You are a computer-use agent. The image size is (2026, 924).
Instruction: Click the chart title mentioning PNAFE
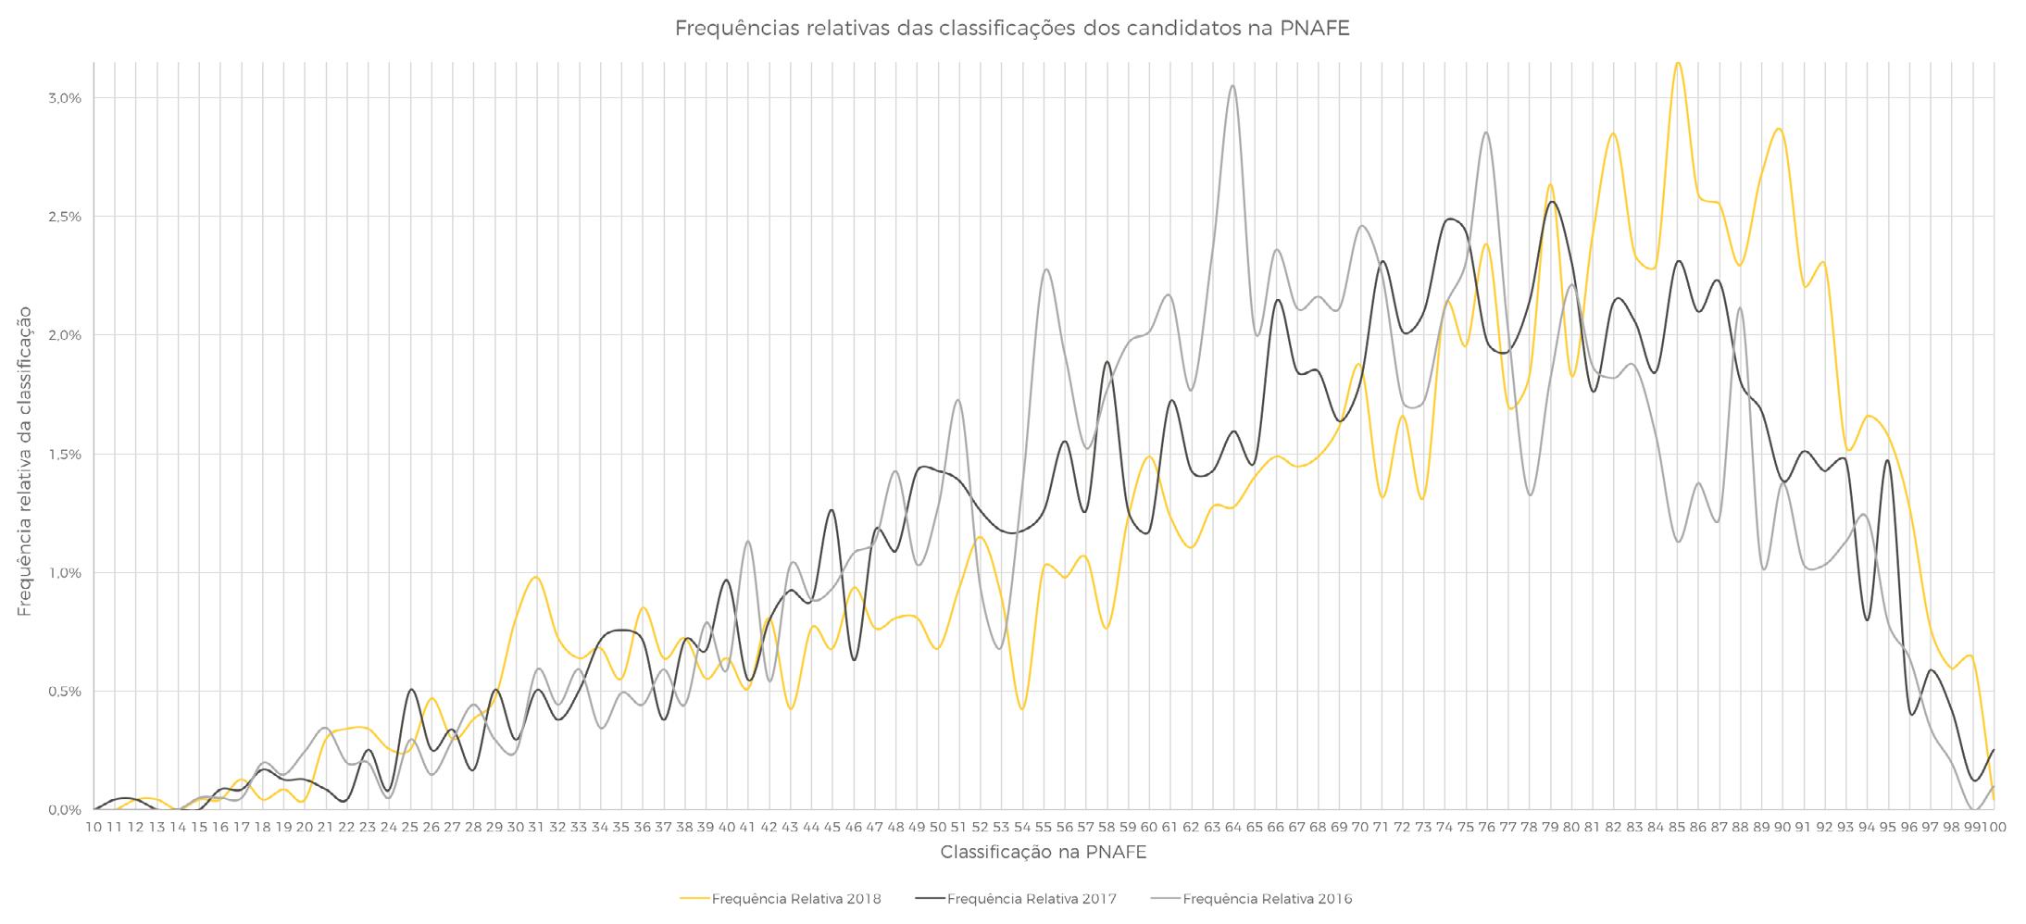pyautogui.click(x=1012, y=29)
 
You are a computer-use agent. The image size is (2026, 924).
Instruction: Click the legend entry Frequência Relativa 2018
pyautogui.click(x=780, y=899)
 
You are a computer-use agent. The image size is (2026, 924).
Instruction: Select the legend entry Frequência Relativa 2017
pyautogui.click(x=1016, y=899)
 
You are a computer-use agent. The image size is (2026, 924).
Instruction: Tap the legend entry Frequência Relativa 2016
pyautogui.click(x=1251, y=899)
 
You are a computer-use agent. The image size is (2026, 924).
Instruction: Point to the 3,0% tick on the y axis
pyautogui.click(x=65, y=98)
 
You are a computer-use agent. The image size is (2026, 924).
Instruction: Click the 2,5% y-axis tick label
pyautogui.click(x=65, y=217)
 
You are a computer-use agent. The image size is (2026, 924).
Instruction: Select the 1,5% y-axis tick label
pyautogui.click(x=65, y=455)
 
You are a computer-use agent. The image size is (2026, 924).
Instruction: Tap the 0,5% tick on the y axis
pyautogui.click(x=65, y=692)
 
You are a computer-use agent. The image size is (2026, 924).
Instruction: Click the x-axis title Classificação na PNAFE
pyautogui.click(x=1044, y=853)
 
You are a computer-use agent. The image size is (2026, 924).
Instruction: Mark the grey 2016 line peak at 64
pyautogui.click(x=1232, y=86)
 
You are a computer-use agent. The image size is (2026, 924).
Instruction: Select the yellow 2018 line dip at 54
pyautogui.click(x=1021, y=709)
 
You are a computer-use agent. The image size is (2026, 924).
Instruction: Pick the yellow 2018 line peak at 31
pyautogui.click(x=535, y=577)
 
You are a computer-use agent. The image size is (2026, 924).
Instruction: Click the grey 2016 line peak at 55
pyautogui.click(x=1045, y=269)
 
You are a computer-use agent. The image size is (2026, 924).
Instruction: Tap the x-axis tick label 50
pyautogui.click(x=937, y=827)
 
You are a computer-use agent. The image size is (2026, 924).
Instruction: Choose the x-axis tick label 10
pyautogui.click(x=94, y=827)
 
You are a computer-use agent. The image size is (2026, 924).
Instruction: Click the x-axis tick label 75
pyautogui.click(x=1465, y=827)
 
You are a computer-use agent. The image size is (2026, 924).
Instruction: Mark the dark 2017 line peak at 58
pyautogui.click(x=1107, y=362)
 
